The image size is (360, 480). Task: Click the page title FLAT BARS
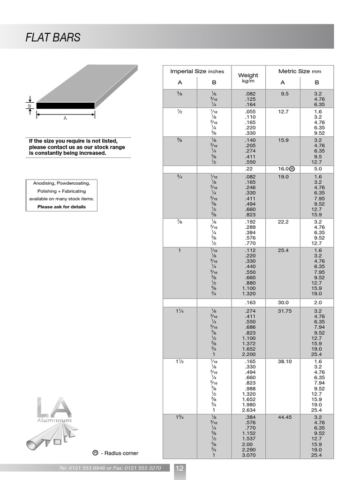tap(53, 37)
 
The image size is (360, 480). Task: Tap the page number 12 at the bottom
tap(180, 468)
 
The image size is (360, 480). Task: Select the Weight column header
tap(248, 75)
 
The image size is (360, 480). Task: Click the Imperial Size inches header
tap(197, 71)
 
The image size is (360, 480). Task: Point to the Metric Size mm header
tap(300, 71)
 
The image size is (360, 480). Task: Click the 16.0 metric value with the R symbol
tap(286, 169)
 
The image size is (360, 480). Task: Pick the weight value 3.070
tap(248, 455)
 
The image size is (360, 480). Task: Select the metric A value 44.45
tap(285, 417)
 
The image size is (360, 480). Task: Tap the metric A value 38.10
tap(285, 362)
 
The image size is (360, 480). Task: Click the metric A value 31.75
tap(285, 311)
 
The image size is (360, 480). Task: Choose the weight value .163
tap(248, 303)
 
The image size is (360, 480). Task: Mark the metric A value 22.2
tap(283, 222)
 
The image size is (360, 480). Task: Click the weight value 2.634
tap(248, 410)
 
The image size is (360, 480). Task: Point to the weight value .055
tap(248, 112)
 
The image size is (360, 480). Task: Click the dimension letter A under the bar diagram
tap(65, 119)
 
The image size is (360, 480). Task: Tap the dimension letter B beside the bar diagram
tap(29, 106)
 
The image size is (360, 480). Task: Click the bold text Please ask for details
tap(61, 207)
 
